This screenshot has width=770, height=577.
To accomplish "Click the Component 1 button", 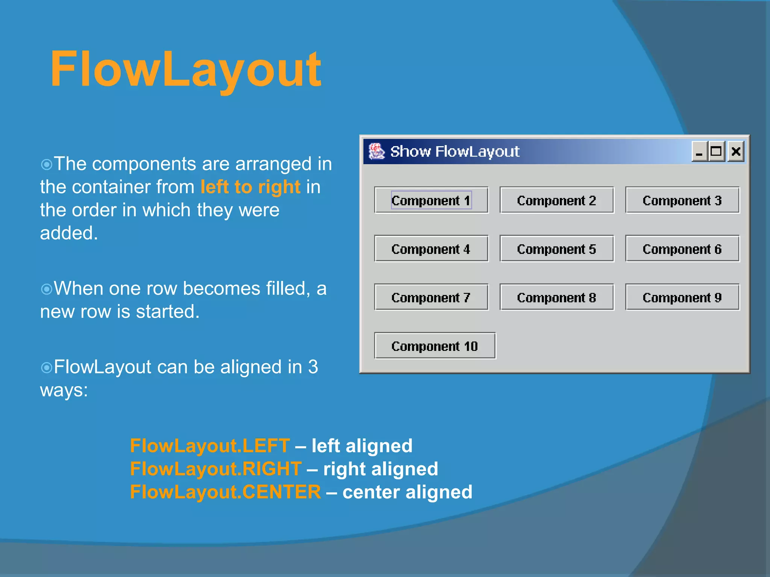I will point(431,200).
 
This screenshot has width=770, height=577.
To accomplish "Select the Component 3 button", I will point(682,200).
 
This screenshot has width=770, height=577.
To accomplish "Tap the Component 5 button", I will point(557,249).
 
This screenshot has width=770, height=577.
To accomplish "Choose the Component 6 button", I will point(682,249).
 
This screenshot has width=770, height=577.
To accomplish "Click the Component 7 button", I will point(431,297).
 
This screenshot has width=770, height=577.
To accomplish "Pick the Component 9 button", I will point(682,297).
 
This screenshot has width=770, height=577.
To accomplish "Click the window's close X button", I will point(736,151).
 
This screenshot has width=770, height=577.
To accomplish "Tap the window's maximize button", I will point(716,151).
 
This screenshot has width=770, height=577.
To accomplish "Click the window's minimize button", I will point(699,151).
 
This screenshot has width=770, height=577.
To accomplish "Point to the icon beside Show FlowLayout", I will point(376,151).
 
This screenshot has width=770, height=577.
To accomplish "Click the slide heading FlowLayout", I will point(185,69).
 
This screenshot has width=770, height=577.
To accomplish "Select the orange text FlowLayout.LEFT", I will point(210,446).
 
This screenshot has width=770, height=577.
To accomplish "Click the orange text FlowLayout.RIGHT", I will point(215,469).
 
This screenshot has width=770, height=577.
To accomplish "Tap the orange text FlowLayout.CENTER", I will point(225,492).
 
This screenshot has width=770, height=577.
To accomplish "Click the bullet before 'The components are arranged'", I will point(46,164).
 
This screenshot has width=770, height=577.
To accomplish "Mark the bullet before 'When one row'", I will point(46,289).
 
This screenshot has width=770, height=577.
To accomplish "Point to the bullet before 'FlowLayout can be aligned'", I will point(46,367).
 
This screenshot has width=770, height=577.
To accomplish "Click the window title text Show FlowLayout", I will point(455,151).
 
